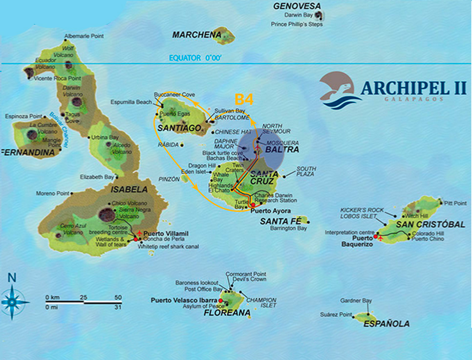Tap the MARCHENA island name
click(x=194, y=35)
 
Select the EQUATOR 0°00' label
click(x=195, y=58)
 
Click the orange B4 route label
click(x=244, y=100)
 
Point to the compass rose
click(x=12, y=300)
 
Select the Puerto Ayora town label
click(x=270, y=211)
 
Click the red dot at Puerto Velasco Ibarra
click(x=221, y=300)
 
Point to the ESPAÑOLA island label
click(x=386, y=324)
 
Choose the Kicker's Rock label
click(x=360, y=210)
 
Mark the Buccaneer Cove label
click(x=174, y=94)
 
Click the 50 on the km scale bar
click(x=118, y=297)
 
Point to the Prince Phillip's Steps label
click(x=297, y=24)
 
